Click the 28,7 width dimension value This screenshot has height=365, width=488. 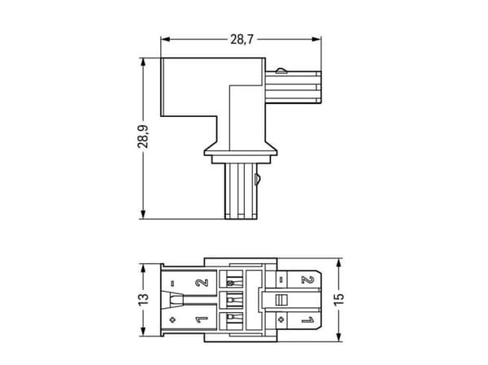coord(242,40)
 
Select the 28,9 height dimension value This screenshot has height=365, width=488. coord(143,137)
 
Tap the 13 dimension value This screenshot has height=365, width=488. coord(143,299)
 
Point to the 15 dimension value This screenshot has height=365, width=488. coord(339,299)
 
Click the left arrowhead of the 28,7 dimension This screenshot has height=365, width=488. coord(165,39)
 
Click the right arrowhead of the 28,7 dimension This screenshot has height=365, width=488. coord(317,39)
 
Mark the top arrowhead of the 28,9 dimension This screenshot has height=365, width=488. coord(143,63)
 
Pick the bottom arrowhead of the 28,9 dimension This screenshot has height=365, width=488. coord(143,215)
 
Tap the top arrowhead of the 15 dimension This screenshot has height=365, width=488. coord(339,263)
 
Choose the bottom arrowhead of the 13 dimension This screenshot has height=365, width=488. coord(143,332)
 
